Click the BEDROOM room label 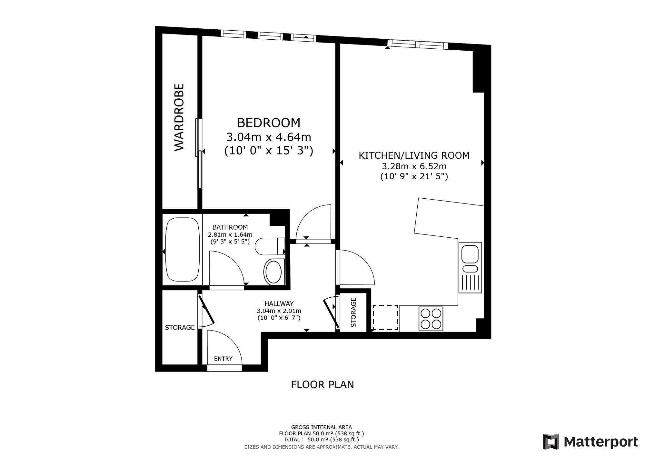(269, 123)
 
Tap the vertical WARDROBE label (179, 117)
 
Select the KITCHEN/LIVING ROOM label (414, 156)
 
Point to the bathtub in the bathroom (182, 250)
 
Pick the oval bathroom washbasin (273, 272)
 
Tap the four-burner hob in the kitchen (431, 319)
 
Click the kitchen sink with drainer (470, 268)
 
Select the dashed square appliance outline (385, 317)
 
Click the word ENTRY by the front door (223, 359)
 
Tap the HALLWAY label (279, 304)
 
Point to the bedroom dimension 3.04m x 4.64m (269, 137)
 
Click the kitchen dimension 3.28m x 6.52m (414, 167)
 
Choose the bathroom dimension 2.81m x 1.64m (230, 234)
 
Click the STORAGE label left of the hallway (180, 328)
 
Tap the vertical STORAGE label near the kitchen (353, 312)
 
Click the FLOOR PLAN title (322, 385)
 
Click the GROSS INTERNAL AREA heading (322, 427)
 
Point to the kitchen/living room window (418, 45)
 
